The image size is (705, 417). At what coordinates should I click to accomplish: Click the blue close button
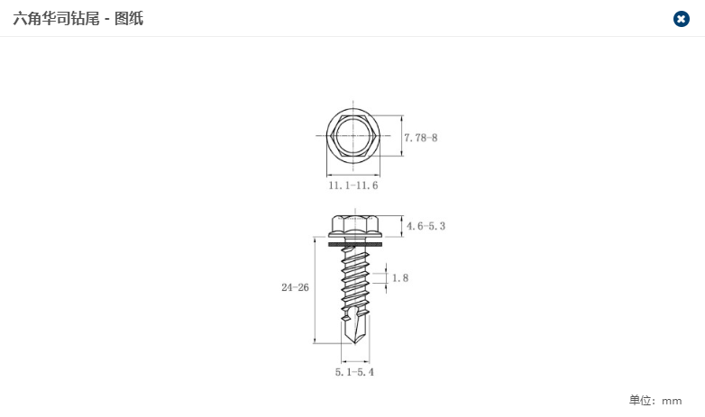(682, 19)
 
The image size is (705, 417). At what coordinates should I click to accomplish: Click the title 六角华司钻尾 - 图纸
(78, 19)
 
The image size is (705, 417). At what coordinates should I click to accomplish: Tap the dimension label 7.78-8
(420, 138)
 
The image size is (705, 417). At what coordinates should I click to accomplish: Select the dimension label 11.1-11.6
(352, 186)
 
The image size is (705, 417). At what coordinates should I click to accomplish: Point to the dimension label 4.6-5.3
(426, 226)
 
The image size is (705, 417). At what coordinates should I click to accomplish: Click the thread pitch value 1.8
(400, 278)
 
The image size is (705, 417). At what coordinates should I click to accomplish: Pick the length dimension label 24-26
(295, 287)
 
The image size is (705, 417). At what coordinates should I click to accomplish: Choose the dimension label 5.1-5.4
(354, 372)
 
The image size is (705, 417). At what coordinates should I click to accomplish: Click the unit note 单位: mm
(655, 401)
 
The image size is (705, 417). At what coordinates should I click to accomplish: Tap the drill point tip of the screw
(355, 344)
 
